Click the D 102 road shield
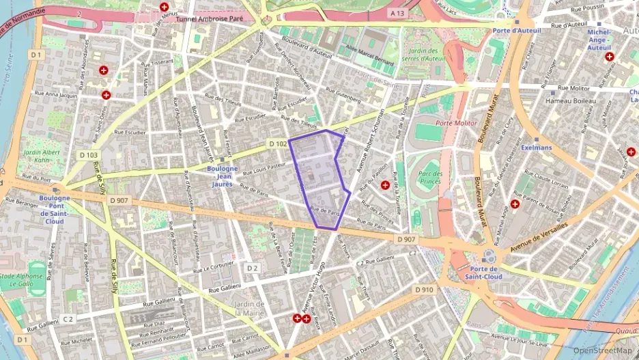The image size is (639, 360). (x=276, y=144)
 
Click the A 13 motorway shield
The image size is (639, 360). (x=397, y=13)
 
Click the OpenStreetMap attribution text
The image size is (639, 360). (x=602, y=350)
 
